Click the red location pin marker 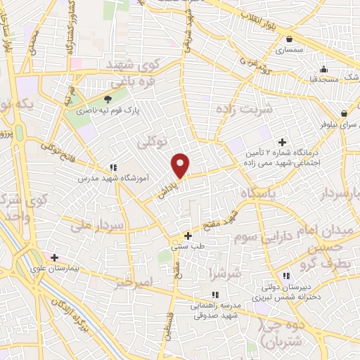tap(181, 165)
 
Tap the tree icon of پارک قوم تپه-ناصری tap(108, 99)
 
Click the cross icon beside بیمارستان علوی tap(54, 257)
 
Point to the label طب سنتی tap(187, 247)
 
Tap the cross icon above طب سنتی tap(187, 236)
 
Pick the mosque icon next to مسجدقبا tap(323, 69)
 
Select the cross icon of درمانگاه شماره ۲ tap(282, 142)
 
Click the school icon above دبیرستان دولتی tap(285, 276)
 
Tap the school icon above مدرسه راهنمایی tap(214, 295)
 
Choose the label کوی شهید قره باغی tap(134, 74)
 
